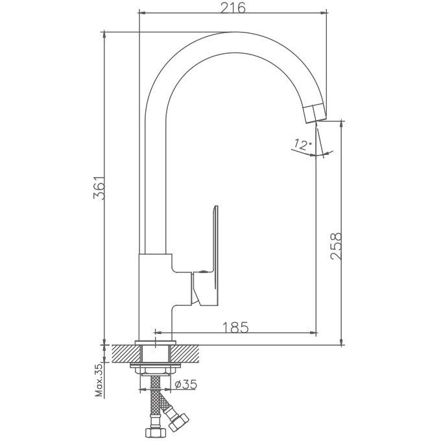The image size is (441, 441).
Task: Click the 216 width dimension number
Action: pyautogui.click(x=233, y=8)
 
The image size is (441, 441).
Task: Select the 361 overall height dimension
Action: pyautogui.click(x=99, y=188)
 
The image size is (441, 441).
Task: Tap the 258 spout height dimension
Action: pyautogui.click(x=336, y=246)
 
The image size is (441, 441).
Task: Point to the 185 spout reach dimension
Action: pyautogui.click(x=235, y=327)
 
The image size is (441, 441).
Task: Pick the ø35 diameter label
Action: pyautogui.click(x=186, y=384)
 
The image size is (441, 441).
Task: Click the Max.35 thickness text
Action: pyautogui.click(x=99, y=379)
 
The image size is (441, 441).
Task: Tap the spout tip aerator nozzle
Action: pyautogui.click(x=315, y=113)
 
